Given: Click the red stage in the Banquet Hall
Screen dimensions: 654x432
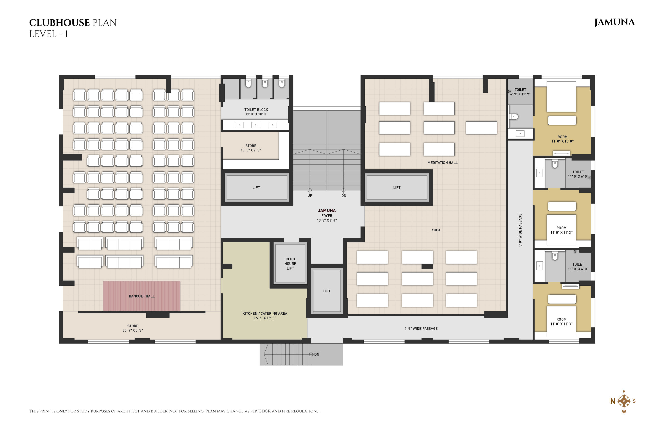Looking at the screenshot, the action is pyautogui.click(x=142, y=296).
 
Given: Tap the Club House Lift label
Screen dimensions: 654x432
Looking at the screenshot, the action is pyautogui.click(x=290, y=264).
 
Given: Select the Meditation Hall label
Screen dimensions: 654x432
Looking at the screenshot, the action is pyautogui.click(x=442, y=163).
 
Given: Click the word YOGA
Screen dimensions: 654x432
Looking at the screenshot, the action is pyautogui.click(x=436, y=230).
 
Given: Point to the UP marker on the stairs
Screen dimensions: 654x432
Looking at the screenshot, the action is pyautogui.click(x=310, y=195).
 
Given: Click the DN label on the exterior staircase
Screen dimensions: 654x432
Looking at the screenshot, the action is pyautogui.click(x=317, y=354).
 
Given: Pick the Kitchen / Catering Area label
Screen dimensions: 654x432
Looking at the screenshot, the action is pyautogui.click(x=265, y=316).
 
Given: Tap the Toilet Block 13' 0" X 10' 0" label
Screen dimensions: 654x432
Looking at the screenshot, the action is pyautogui.click(x=256, y=112).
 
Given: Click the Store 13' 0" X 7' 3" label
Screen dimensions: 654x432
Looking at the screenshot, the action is pyautogui.click(x=251, y=148).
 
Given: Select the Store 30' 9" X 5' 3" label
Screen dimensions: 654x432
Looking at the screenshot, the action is pyautogui.click(x=133, y=328).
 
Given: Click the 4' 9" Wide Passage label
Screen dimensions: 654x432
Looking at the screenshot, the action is pyautogui.click(x=421, y=328).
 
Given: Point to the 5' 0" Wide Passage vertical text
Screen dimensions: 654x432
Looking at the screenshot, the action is pyautogui.click(x=520, y=230).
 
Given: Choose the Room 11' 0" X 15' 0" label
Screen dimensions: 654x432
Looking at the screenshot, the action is pyautogui.click(x=563, y=139).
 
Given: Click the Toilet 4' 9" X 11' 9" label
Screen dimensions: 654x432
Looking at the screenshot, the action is pyautogui.click(x=520, y=92).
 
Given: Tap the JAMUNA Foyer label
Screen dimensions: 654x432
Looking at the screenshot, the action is pyautogui.click(x=327, y=215).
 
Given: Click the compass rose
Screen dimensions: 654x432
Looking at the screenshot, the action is pyautogui.click(x=624, y=401).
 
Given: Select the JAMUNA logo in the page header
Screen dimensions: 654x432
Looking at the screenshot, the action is pyautogui.click(x=614, y=22).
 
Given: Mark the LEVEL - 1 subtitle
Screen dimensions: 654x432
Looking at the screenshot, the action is pyautogui.click(x=49, y=34).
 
